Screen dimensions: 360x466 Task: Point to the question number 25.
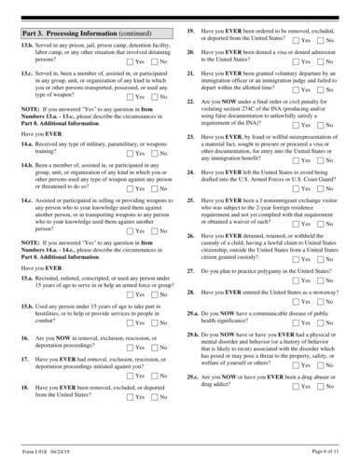pos(191,226)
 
